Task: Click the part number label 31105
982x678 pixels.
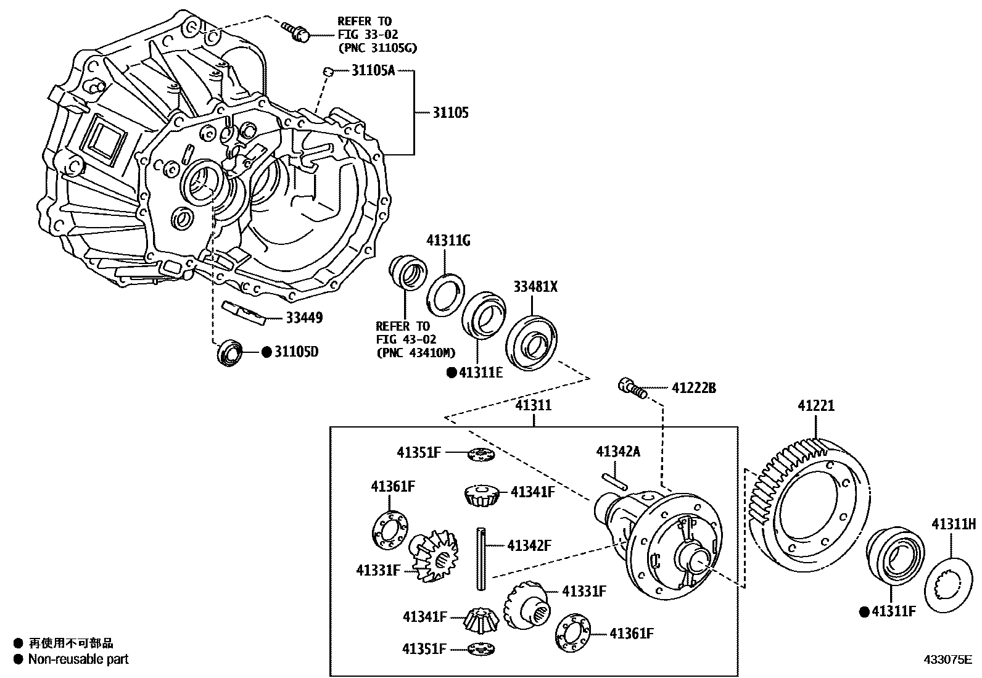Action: pos(450,113)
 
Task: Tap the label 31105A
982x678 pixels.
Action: pos(373,70)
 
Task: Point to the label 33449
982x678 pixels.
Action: pos(303,318)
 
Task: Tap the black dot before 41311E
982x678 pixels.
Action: pos(451,373)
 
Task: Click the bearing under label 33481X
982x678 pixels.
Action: pos(532,343)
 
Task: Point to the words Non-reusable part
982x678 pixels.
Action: pos(78,659)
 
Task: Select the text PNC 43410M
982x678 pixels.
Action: pos(415,353)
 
